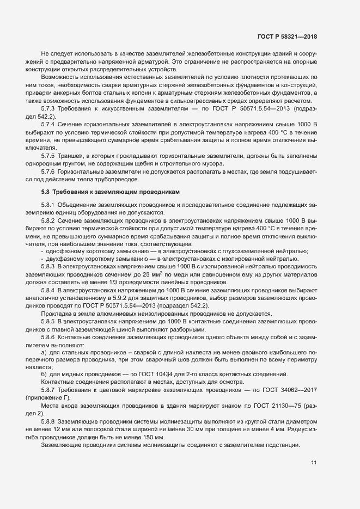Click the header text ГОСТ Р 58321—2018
(x=287, y=37)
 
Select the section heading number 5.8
(x=46, y=193)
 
